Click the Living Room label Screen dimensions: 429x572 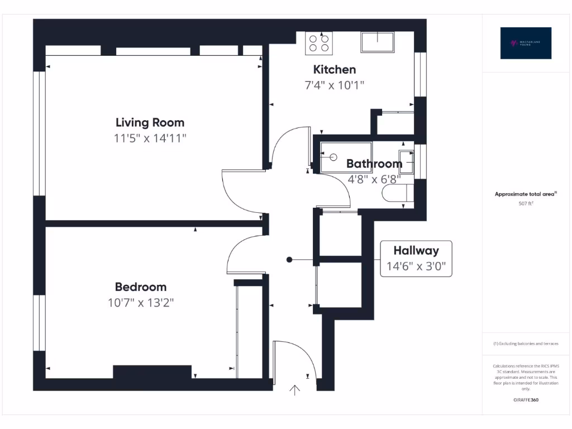[x=150, y=122]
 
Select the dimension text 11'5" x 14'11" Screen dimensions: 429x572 [x=150, y=139]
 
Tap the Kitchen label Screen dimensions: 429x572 [x=334, y=70]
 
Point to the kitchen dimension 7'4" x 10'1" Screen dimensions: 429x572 [x=334, y=85]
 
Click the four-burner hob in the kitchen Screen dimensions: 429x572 [x=319, y=43]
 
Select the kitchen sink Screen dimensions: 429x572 [x=377, y=42]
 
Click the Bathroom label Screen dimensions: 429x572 [x=374, y=164]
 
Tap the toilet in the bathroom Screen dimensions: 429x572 [x=398, y=193]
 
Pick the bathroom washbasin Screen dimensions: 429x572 [x=406, y=162]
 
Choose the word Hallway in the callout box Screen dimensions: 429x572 [x=416, y=250]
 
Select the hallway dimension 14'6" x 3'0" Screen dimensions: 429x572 [x=416, y=266]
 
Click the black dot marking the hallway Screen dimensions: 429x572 [x=289, y=259]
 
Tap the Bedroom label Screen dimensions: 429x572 [x=141, y=287]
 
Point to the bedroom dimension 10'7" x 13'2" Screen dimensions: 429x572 [x=141, y=303]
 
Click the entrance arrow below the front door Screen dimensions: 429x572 [x=294, y=390]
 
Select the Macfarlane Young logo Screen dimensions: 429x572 [x=526, y=43]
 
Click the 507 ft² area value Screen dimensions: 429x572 [x=526, y=204]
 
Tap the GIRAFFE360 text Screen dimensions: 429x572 [x=526, y=400]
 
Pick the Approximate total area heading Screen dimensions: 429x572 [x=525, y=194]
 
